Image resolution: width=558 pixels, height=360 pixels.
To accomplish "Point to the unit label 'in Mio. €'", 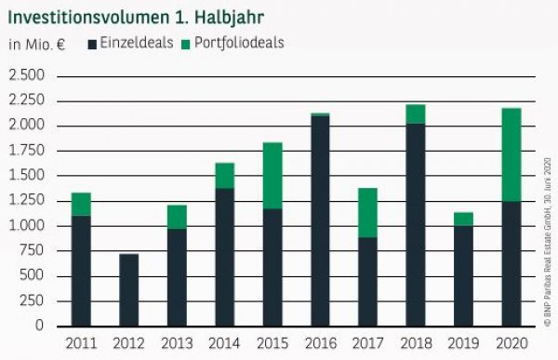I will [36, 44].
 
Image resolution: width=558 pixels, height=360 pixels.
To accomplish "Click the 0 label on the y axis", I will [39, 326].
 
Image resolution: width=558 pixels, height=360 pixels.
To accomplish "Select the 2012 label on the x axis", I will [130, 342].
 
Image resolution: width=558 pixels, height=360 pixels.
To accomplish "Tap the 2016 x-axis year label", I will [320, 342].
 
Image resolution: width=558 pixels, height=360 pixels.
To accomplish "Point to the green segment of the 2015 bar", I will [272, 176].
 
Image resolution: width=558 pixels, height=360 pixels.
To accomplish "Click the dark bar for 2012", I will [130, 289].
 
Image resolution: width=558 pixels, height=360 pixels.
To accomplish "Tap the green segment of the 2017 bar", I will [367, 212].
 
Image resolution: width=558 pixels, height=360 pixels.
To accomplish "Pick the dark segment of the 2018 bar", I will [415, 224].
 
